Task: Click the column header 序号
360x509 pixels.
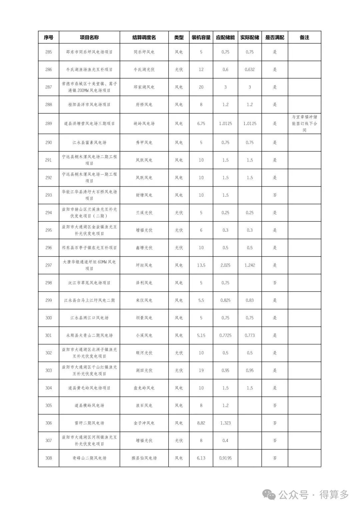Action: click(x=49, y=37)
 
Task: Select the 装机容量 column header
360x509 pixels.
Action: click(x=201, y=37)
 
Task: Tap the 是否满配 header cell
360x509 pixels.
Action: click(x=275, y=37)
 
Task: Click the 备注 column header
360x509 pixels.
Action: click(x=304, y=37)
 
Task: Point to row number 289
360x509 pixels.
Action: click(x=49, y=124)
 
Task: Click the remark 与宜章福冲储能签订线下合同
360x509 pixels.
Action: click(x=304, y=124)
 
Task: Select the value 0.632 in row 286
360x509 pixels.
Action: click(x=250, y=70)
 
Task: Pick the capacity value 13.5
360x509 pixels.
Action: click(x=201, y=265)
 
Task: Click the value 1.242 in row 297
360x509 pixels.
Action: click(x=250, y=265)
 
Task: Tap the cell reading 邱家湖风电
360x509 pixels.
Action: click(x=144, y=87)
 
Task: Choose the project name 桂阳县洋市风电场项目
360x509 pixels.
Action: click(x=89, y=105)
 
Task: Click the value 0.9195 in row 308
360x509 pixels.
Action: click(x=225, y=458)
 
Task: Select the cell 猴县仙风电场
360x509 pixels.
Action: click(x=144, y=458)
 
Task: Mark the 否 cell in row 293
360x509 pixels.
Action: click(x=275, y=195)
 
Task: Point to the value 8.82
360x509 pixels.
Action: click(x=201, y=423)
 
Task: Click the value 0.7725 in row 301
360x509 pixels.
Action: click(x=225, y=335)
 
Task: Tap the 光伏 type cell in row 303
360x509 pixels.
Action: click(x=179, y=370)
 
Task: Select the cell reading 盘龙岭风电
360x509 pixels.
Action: click(x=144, y=388)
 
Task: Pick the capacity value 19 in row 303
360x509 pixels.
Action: click(x=201, y=370)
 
